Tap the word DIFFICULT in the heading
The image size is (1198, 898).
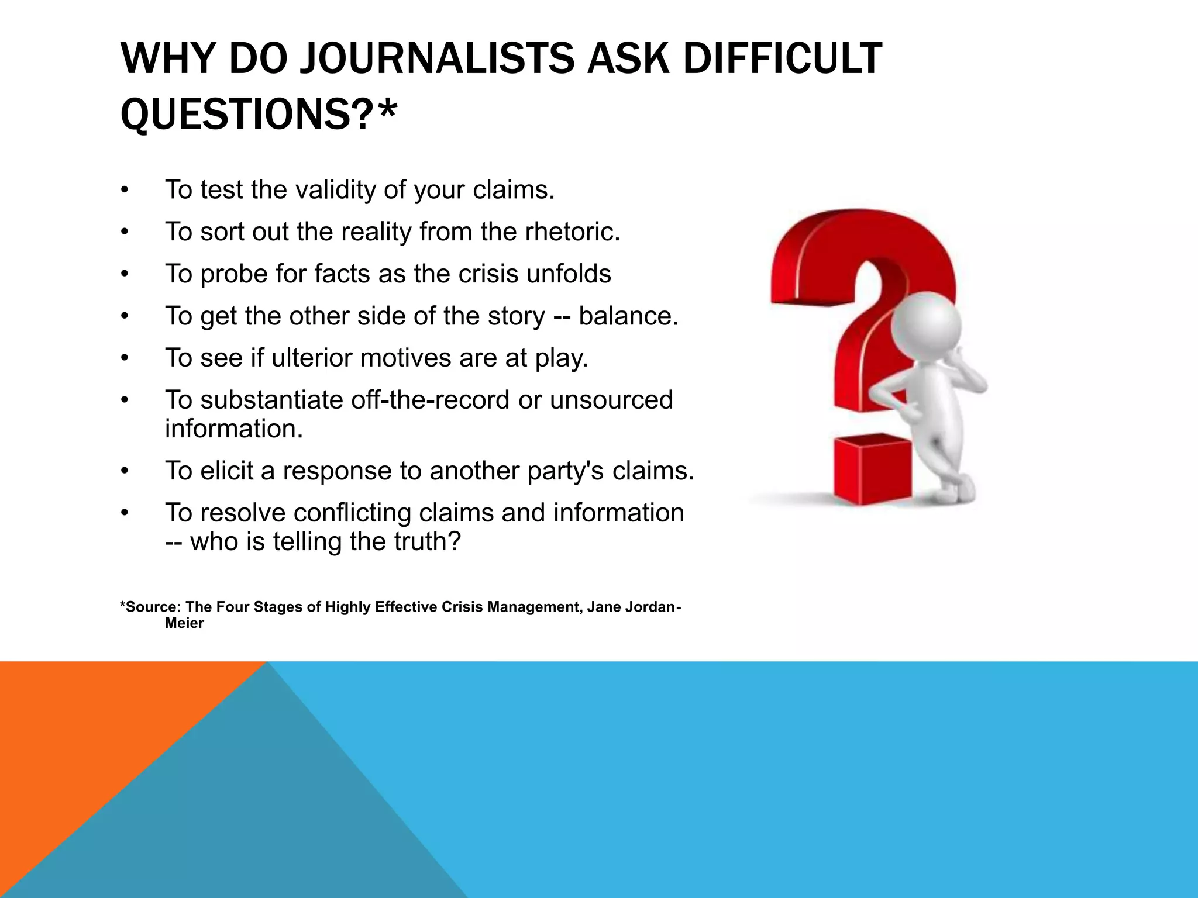click(x=782, y=58)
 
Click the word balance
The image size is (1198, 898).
click(x=628, y=316)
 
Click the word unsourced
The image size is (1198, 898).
click(x=611, y=400)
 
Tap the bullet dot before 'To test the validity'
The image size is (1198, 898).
click(x=124, y=191)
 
